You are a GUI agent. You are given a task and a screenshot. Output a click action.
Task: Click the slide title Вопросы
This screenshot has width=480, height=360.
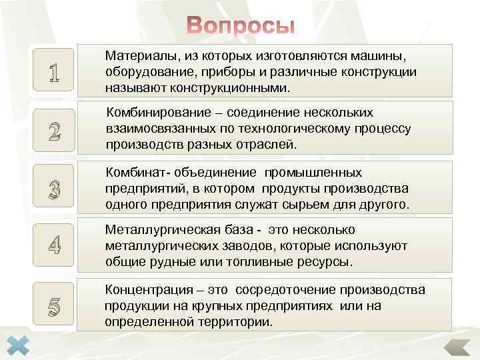click(240, 25)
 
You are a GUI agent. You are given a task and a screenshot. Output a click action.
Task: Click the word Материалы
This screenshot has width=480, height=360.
click(137, 57)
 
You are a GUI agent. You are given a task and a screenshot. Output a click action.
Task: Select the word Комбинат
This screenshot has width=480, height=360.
click(133, 173)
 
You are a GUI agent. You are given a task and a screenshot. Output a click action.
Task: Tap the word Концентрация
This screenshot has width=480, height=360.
click(145, 291)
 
